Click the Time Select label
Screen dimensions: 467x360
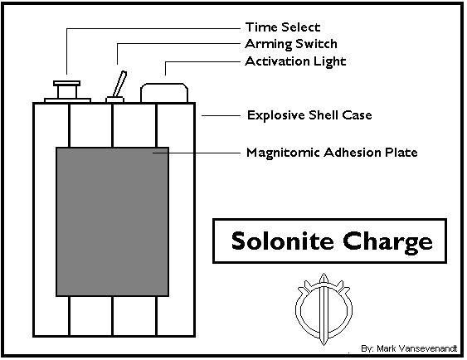tap(283, 27)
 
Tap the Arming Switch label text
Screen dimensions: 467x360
tap(291, 44)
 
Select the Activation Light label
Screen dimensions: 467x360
tap(295, 61)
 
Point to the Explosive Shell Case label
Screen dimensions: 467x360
tap(309, 115)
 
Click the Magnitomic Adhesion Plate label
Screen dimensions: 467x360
tap(332, 153)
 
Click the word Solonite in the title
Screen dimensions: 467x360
tap(282, 241)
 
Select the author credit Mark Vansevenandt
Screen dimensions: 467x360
tap(416, 348)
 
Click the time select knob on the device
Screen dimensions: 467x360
tap(66, 90)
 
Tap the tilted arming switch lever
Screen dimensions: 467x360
tap(119, 84)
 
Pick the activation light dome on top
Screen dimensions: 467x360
tap(164, 93)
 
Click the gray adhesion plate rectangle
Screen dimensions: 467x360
tap(113, 221)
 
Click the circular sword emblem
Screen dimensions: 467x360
tap(323, 309)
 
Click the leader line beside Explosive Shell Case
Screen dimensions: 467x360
tap(221, 115)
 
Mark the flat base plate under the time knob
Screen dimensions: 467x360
tap(67, 100)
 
